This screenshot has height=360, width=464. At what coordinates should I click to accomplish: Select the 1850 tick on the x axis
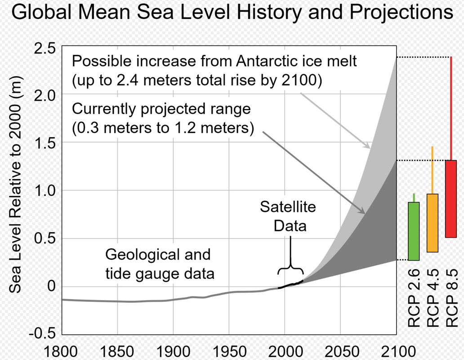click(x=117, y=350)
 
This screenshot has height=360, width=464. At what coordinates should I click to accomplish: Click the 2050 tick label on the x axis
click(x=340, y=350)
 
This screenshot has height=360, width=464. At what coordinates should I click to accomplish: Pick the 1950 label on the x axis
click(x=229, y=350)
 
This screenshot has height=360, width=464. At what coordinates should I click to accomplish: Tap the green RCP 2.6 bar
click(x=414, y=231)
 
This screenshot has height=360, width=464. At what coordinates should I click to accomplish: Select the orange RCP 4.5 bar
click(x=432, y=223)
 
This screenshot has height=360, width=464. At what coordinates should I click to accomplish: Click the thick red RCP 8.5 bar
click(x=451, y=198)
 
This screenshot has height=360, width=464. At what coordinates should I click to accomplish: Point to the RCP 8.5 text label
click(x=451, y=298)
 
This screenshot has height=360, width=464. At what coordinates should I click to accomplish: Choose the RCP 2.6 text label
click(x=414, y=298)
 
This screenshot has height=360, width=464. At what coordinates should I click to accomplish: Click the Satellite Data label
click(x=290, y=216)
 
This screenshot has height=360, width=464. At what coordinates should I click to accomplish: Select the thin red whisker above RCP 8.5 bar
click(x=451, y=108)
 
